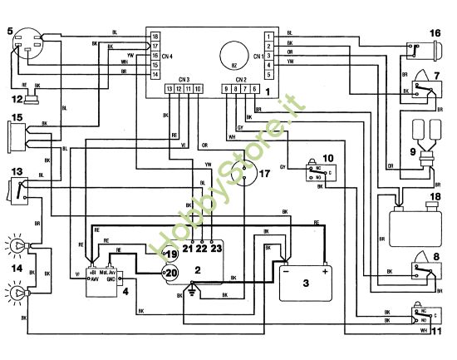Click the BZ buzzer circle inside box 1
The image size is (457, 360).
[x=234, y=59]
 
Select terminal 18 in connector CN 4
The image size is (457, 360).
[x=155, y=37]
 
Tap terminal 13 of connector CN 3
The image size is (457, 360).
[x=170, y=89]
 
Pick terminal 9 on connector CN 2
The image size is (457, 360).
[x=226, y=89]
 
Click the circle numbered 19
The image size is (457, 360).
[x=171, y=254]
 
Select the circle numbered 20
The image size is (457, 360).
[x=171, y=272]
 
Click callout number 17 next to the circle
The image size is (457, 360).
[x=265, y=174]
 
